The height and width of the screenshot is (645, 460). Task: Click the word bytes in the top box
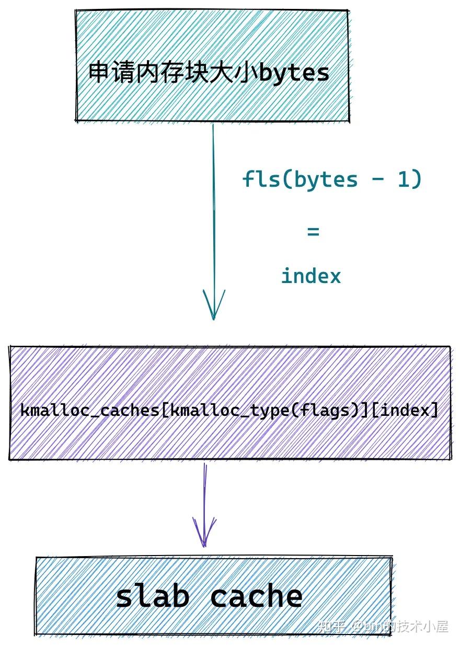294,73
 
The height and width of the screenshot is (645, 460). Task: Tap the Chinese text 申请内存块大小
173,72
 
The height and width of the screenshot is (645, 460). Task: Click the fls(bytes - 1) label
332,179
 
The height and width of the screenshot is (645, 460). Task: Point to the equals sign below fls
313,231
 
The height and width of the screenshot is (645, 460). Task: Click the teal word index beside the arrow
311,276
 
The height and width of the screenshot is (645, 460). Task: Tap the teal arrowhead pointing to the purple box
213,306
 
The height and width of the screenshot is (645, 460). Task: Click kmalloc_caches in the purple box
89,410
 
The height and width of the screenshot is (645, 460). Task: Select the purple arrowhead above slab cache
204,534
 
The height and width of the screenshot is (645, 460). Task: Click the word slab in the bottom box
152,596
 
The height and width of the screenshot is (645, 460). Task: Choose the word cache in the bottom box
256,596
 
